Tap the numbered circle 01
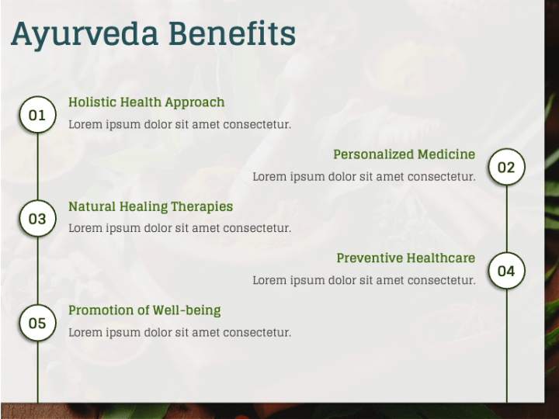[37, 116]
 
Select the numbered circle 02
[506, 168]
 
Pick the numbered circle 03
[37, 220]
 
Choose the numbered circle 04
[506, 271]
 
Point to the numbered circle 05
[37, 324]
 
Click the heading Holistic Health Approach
[146, 102]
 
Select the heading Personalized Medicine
[404, 154]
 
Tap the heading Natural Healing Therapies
[150, 206]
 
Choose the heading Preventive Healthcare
[405, 258]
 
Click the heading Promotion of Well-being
[144, 310]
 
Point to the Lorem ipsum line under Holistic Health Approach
[179, 124]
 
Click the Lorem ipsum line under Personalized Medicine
[363, 176]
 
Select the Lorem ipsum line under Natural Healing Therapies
[179, 228]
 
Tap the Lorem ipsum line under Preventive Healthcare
[363, 280]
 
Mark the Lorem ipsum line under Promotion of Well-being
[179, 332]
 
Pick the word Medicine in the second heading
[446, 154]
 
